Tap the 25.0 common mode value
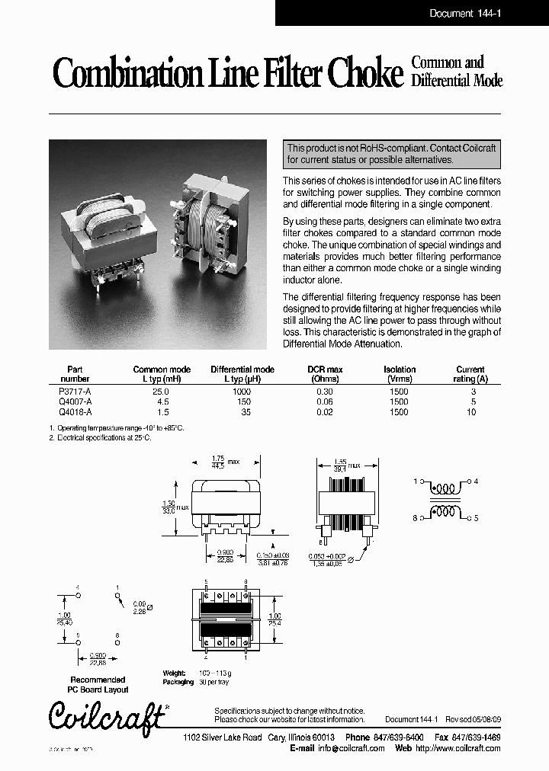point(161,391)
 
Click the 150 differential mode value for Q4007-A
point(242,401)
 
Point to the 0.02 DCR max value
point(324,412)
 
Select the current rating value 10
point(470,412)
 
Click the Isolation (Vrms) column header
point(399,374)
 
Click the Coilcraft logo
point(107,716)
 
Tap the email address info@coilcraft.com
point(351,748)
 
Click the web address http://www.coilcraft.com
point(457,748)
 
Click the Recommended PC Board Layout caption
point(98,684)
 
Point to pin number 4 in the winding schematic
point(476,482)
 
